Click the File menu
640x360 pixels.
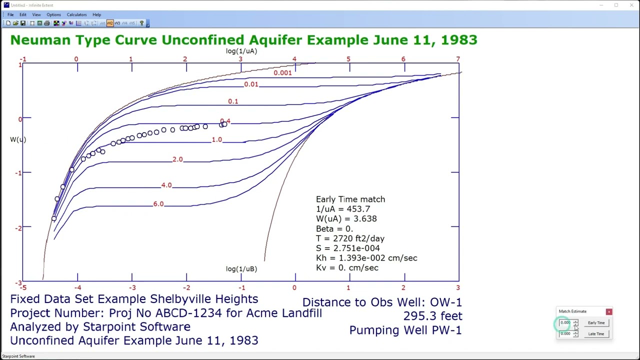point(10,14)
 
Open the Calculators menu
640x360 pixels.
point(76,14)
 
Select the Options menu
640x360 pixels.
point(53,14)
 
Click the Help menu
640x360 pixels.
point(96,14)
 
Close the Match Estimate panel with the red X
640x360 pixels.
point(609,312)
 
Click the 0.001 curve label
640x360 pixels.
point(282,73)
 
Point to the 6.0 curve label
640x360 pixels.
point(158,204)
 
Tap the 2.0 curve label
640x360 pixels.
point(177,159)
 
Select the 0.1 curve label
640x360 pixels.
point(233,101)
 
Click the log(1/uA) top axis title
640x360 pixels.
point(241,51)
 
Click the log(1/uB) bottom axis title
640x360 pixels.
point(241,269)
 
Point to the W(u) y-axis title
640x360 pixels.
point(18,139)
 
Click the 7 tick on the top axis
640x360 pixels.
point(457,59)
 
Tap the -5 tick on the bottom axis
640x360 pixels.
point(23,287)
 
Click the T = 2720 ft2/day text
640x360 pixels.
point(350,238)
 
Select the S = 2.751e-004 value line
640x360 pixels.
point(347,248)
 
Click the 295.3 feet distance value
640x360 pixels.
point(432,316)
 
